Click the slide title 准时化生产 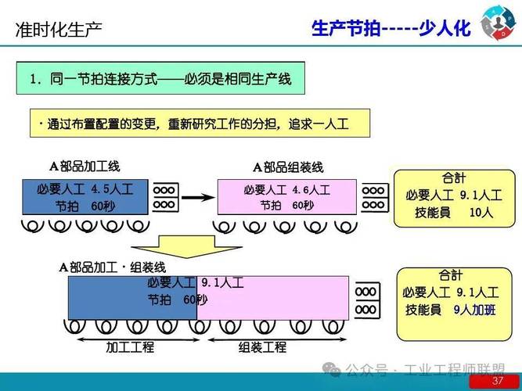pos(59,30)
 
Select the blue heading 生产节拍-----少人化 pos(391,29)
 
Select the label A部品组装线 pos(287,167)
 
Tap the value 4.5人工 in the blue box pos(112,189)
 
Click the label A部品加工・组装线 pos(117,267)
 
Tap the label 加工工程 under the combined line pos(130,347)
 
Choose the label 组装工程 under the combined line pos(262,347)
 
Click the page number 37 pos(497,381)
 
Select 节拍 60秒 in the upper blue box pos(80,206)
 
